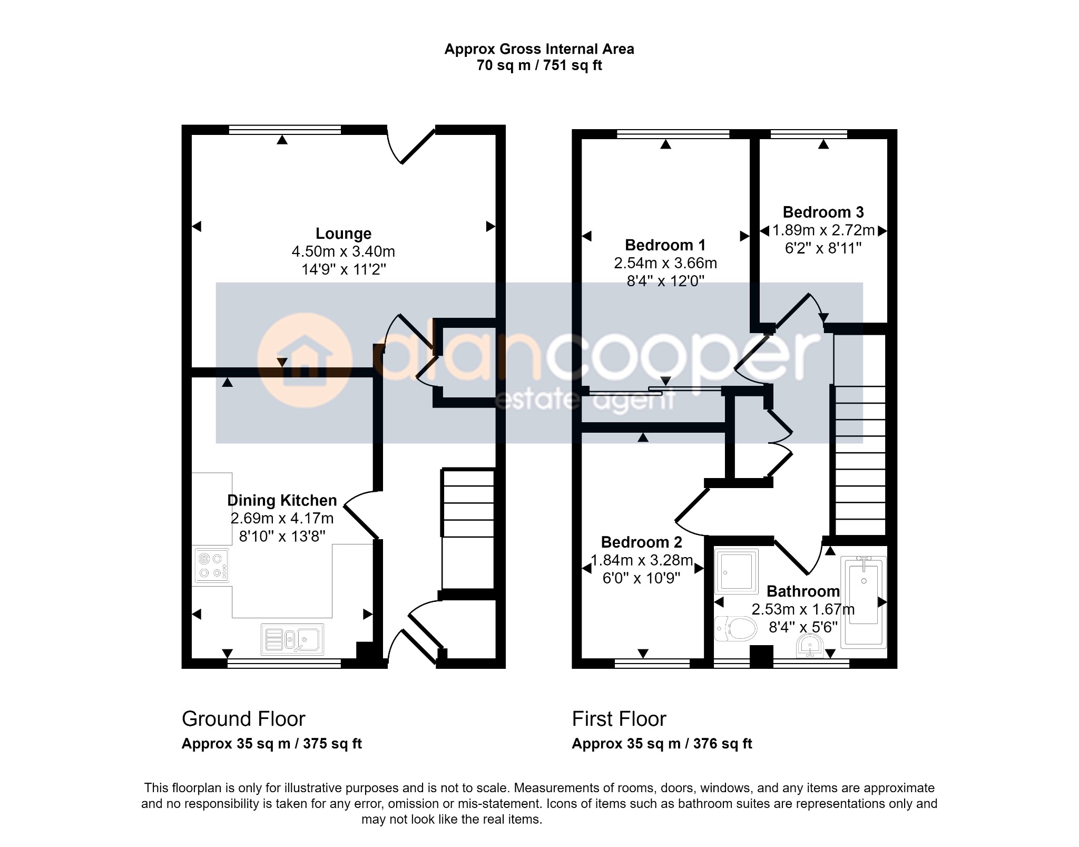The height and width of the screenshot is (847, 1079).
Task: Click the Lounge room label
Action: pyautogui.click(x=343, y=233)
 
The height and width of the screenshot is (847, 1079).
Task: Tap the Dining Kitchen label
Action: pyautogui.click(x=282, y=500)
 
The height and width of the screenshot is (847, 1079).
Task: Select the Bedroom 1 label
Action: pyautogui.click(x=665, y=245)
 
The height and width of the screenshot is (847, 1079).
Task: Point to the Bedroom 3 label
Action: pyautogui.click(x=823, y=212)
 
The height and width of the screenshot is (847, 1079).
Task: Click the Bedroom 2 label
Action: pyautogui.click(x=641, y=542)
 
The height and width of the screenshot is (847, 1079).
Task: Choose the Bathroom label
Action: pyautogui.click(x=803, y=591)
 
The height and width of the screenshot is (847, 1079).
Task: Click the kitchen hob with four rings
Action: pyautogui.click(x=212, y=566)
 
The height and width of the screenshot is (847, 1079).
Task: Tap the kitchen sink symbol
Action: pyautogui.click(x=292, y=639)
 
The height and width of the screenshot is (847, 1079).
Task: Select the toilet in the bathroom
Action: pyautogui.click(x=735, y=629)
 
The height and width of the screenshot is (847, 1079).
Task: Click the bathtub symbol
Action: pyautogui.click(x=864, y=601)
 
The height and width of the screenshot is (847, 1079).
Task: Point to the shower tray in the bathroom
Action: pyautogui.click(x=736, y=571)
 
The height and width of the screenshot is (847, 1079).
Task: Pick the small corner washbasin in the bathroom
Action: pyautogui.click(x=810, y=647)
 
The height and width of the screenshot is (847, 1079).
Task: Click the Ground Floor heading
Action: pyautogui.click(x=243, y=719)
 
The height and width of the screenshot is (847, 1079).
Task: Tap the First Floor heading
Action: pyautogui.click(x=619, y=719)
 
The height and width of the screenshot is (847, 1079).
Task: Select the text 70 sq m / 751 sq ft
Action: pyautogui.click(x=539, y=65)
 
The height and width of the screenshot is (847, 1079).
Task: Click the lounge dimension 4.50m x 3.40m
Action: pyautogui.click(x=343, y=251)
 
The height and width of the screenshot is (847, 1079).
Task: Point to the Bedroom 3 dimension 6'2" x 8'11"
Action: pyautogui.click(x=823, y=248)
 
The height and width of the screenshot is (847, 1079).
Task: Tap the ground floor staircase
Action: pyautogui.click(x=468, y=529)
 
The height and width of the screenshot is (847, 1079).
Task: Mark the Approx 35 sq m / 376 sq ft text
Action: pyautogui.click(x=662, y=744)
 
